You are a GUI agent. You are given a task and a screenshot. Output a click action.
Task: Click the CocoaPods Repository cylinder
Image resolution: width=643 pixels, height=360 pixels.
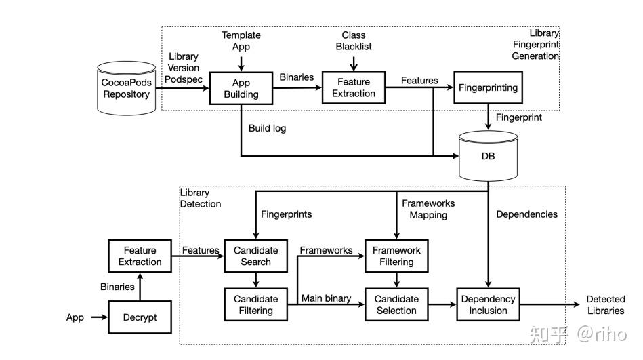[126, 88]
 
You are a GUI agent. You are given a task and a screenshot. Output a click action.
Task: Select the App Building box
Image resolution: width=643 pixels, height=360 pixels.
[241, 88]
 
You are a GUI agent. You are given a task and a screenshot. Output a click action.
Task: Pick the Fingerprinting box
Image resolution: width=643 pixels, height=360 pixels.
[488, 87]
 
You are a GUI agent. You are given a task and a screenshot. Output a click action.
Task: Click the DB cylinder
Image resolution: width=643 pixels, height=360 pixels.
[488, 155]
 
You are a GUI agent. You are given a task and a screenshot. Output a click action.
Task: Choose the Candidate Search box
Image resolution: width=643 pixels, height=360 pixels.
[256, 256]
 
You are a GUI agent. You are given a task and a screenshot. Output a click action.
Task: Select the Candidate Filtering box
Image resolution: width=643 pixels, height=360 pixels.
[256, 304]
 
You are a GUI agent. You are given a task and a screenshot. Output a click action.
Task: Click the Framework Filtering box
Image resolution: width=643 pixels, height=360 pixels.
[396, 256]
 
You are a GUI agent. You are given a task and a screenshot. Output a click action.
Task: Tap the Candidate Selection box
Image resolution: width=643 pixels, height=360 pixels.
[396, 304]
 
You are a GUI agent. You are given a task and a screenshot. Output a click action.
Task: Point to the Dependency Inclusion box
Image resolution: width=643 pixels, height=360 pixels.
[488, 304]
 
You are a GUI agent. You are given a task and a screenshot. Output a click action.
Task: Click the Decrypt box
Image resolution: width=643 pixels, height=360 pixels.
[140, 317]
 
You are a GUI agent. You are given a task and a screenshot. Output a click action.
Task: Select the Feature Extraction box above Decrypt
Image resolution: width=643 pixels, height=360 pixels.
[140, 256]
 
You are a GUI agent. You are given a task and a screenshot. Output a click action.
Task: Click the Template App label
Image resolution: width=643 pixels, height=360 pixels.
[241, 41]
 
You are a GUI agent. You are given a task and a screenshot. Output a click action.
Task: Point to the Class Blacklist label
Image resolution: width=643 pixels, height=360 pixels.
[354, 41]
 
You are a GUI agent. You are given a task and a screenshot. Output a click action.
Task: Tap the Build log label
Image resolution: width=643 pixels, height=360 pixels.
[268, 127]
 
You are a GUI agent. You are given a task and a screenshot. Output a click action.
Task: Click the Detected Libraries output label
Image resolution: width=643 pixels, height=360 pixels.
[605, 304]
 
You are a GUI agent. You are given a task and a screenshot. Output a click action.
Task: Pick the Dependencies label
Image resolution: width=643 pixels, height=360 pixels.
[526, 214]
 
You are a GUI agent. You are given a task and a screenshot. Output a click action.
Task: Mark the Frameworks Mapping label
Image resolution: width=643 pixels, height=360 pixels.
[428, 209]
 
